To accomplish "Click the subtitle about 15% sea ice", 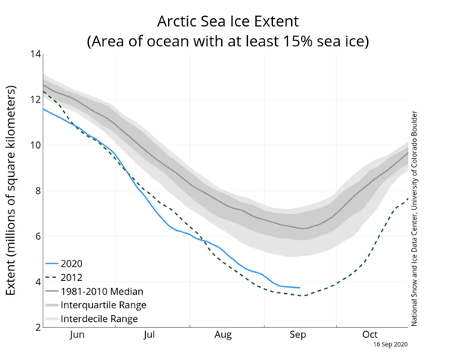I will pyautogui.click(x=229, y=40).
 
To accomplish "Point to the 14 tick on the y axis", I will pyautogui.click(x=35, y=54).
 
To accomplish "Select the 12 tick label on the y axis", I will pyautogui.click(x=35, y=99).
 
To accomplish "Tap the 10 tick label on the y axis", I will pyautogui.click(x=35, y=145).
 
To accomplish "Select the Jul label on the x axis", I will pyautogui.click(x=150, y=335).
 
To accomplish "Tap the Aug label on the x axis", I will pyautogui.click(x=223, y=335).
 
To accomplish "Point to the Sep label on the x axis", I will pyautogui.click(x=297, y=335).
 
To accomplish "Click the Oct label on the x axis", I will pyautogui.click(x=369, y=335).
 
